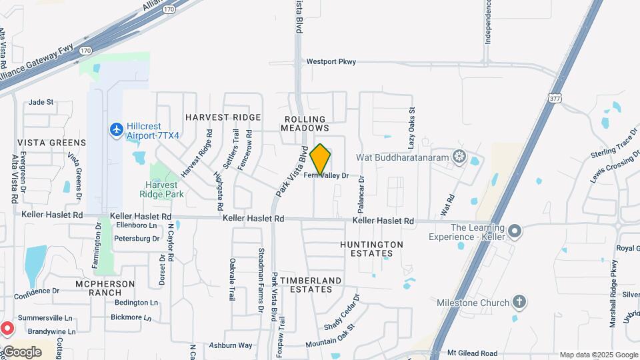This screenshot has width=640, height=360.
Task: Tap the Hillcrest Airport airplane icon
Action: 117,129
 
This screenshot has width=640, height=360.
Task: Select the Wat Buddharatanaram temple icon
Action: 459,157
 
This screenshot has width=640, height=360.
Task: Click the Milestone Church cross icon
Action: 519,302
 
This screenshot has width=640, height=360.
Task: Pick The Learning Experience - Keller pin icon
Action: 514,231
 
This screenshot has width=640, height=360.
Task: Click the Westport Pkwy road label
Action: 331,61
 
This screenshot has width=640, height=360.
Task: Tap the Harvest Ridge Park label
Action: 159,189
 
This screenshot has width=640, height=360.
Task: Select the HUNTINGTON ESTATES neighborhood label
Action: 372,249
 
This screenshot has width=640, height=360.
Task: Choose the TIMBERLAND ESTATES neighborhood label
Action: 311,285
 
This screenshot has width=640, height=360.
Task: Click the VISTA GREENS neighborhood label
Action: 51,143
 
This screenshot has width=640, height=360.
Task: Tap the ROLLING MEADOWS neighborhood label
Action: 305,123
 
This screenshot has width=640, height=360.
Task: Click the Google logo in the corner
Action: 21,351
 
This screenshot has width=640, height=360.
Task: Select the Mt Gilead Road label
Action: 473,353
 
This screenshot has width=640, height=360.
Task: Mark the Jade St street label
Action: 41,103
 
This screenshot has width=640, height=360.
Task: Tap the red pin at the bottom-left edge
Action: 7,328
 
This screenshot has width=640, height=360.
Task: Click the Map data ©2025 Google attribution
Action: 598,355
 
